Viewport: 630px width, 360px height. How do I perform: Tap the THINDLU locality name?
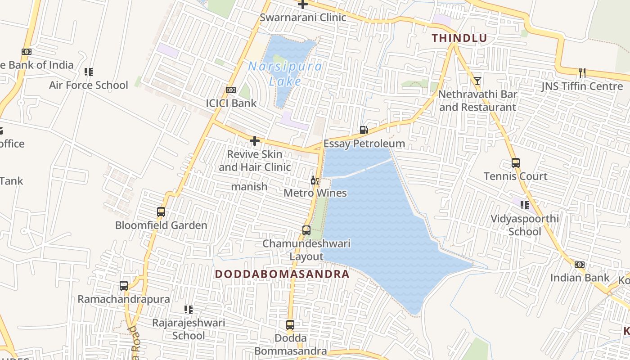pos(459,38)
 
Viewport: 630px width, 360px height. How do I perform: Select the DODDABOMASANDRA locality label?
pos(282,274)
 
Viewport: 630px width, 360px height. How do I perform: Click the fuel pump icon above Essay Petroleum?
pos(364,130)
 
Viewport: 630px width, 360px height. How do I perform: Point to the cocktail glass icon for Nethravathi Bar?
pos(477,81)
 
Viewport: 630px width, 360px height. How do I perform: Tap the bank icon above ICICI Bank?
pos(231,90)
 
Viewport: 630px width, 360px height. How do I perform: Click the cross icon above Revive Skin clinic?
pos(255,141)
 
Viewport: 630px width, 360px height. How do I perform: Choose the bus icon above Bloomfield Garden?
pos(161,211)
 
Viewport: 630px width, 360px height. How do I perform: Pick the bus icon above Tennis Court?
pos(516,163)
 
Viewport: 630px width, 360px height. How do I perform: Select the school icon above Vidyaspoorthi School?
pos(525,205)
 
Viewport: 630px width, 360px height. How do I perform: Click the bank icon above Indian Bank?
pos(580,265)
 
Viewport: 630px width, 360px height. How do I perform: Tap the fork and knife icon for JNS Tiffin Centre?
pos(582,72)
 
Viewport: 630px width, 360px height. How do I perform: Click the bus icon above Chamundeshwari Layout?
pos(306,230)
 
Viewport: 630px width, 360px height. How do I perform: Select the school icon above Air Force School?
pos(89,72)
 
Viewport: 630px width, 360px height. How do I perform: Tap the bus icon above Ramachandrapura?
pos(124,285)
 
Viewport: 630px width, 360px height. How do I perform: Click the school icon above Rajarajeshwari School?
pos(189,310)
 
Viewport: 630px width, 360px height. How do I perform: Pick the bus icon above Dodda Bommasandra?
pos(290,324)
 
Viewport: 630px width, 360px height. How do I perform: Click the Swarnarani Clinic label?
pos(303,18)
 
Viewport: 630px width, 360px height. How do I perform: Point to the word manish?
pos(249,186)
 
